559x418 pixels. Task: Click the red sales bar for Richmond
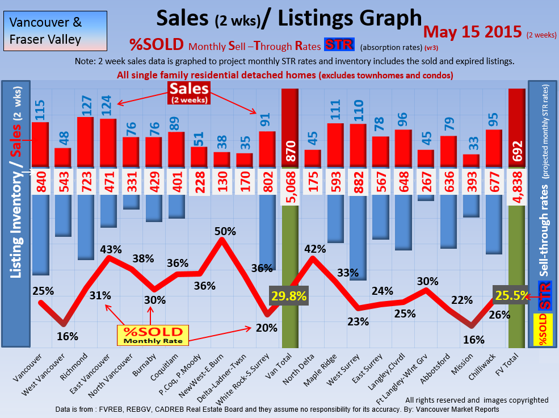85,142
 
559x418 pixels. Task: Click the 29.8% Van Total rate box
289,296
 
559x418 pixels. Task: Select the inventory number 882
358,182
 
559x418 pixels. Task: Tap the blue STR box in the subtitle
339,44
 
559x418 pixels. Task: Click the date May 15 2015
472,31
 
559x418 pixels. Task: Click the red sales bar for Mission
471,161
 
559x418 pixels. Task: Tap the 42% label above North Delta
315,249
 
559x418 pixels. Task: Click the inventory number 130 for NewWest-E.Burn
222,182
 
